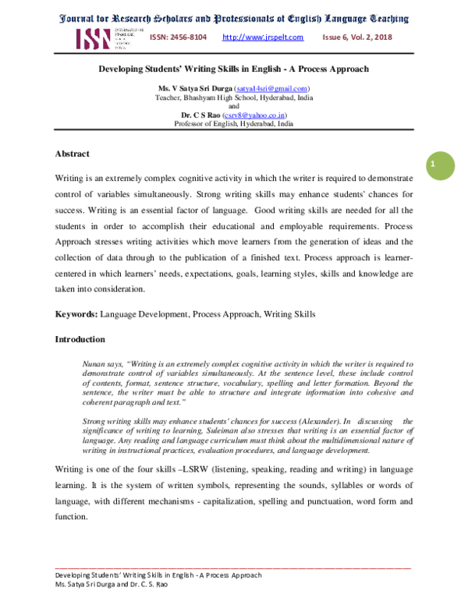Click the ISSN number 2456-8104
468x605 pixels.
179,37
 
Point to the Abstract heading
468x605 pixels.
72,154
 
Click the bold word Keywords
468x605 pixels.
76,314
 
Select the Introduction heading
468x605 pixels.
80,339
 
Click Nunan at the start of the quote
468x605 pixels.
93,364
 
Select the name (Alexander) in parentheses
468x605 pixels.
317,422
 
